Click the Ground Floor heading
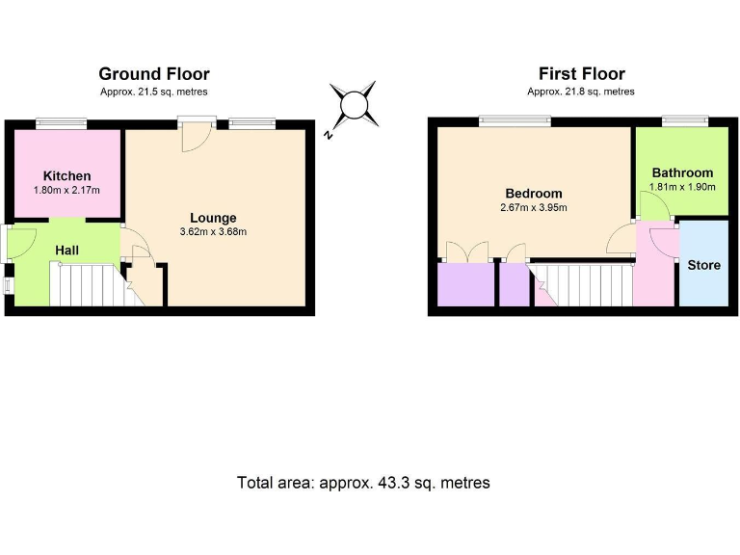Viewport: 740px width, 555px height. point(154,74)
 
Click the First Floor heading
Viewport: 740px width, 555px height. point(581,74)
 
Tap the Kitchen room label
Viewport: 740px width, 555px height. point(67,175)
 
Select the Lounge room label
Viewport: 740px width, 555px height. point(213,218)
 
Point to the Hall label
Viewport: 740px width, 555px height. point(66,251)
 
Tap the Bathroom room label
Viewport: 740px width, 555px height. point(682,173)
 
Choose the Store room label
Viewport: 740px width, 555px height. point(703,265)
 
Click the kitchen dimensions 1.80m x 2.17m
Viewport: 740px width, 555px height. point(67,190)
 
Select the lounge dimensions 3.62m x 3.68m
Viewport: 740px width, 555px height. point(213,232)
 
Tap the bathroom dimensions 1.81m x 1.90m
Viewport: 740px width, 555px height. point(682,187)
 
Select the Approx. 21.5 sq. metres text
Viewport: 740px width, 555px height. point(154,92)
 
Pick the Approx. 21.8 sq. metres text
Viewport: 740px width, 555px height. point(581,92)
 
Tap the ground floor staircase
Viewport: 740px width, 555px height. point(87,286)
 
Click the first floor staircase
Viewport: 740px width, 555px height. point(583,285)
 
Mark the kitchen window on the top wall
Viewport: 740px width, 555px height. point(61,122)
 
